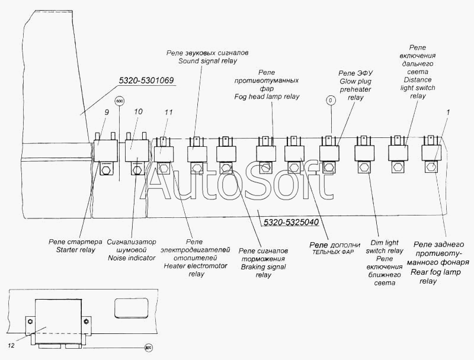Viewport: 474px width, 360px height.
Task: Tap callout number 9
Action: click(x=106, y=111)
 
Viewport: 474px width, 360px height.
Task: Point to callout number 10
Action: click(x=137, y=111)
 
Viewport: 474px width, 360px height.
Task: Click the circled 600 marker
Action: click(x=120, y=101)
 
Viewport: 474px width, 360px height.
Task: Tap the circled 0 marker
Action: click(x=331, y=101)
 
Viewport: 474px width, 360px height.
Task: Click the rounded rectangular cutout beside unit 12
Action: click(x=128, y=308)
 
